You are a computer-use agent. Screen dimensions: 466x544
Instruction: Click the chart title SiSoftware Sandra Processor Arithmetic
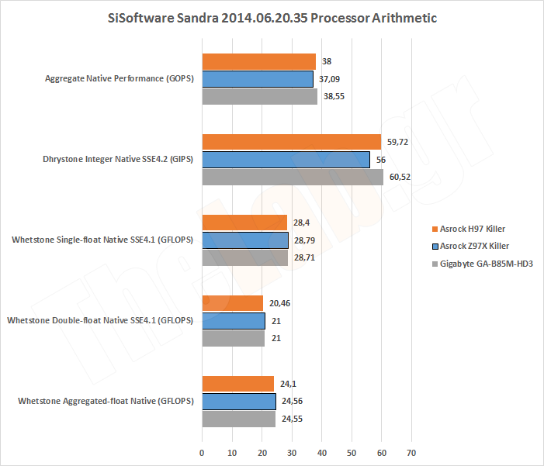(272, 18)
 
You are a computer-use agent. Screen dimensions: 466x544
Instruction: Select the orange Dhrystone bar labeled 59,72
(292, 142)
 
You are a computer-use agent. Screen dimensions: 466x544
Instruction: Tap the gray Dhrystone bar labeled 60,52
(293, 177)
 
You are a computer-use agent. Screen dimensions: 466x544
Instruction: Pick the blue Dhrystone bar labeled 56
(286, 159)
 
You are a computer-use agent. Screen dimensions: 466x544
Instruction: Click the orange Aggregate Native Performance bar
(259, 61)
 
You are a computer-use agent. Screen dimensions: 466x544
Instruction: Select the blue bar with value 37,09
(258, 78)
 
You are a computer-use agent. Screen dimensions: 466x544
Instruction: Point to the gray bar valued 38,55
(260, 96)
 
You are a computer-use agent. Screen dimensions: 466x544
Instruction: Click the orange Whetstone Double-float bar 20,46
(233, 303)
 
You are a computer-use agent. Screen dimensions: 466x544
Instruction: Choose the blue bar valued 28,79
(245, 240)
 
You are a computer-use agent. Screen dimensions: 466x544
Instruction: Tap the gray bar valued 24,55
(239, 419)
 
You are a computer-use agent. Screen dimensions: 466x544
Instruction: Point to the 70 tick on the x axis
(411, 452)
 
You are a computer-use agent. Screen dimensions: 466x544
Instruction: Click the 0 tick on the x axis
(203, 452)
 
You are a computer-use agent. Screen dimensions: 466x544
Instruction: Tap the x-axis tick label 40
(322, 452)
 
